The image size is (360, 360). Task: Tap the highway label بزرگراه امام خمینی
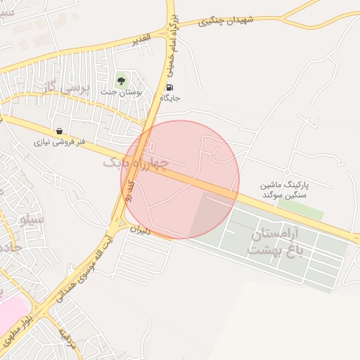176,53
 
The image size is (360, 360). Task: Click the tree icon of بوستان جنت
121,80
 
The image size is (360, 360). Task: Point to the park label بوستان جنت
121,92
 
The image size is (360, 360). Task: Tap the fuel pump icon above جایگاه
169,88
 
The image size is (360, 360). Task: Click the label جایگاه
170,98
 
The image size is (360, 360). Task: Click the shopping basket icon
59,131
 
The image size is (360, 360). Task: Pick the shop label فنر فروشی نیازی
60,141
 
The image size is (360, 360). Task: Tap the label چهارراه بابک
136,164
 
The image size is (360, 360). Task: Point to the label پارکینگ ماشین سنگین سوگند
285,188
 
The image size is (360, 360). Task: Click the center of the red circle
180,180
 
